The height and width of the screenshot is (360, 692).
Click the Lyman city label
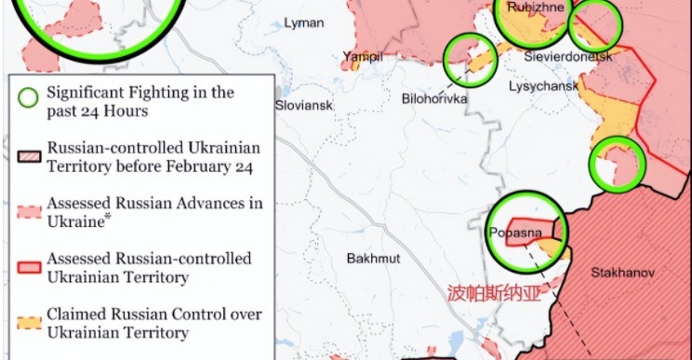point(305,22)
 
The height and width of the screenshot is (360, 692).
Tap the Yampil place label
point(362,57)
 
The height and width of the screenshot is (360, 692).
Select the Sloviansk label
point(303,106)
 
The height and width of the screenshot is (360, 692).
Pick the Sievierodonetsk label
point(569,57)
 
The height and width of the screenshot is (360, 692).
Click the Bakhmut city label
point(371,258)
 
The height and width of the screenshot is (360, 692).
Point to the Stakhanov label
point(623,273)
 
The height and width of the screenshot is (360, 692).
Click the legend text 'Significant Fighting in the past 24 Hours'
point(140,101)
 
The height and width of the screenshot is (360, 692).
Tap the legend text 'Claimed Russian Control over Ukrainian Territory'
point(154,323)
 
